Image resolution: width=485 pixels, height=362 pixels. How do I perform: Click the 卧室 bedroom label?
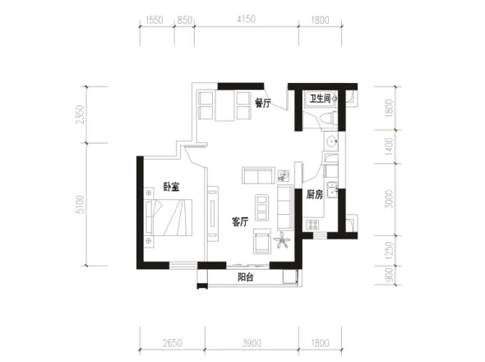tap(171, 187)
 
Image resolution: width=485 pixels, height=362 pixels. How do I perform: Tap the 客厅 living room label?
tap(240, 221)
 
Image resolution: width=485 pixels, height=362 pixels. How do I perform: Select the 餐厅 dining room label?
tap(262, 103)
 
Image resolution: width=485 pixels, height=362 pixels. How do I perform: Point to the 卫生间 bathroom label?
tap(320, 99)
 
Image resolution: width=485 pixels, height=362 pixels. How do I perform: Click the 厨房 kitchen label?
tap(315, 194)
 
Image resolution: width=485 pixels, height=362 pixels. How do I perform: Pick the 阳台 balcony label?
tap(246, 277)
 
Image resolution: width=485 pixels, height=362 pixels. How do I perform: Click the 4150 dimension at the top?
tap(247, 19)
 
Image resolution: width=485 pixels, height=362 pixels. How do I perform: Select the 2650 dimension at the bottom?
tap(173, 343)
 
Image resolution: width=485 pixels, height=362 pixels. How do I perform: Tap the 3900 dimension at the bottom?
tap(252, 343)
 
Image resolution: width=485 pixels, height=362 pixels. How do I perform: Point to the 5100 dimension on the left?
tap(80, 204)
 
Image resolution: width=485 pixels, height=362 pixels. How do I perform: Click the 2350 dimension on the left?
tap(80, 114)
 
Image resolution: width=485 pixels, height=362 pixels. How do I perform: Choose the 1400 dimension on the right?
tap(390, 146)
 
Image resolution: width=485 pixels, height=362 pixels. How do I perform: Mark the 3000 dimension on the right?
tap(390, 199)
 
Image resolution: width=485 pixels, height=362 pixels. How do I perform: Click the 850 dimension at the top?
tap(185, 20)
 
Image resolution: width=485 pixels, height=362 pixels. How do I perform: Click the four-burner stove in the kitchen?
tap(312, 225)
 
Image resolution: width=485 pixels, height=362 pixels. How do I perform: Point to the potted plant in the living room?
tap(282, 239)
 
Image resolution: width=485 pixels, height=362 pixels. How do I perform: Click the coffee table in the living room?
tap(262, 207)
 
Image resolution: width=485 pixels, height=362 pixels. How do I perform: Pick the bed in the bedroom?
tap(169, 217)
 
